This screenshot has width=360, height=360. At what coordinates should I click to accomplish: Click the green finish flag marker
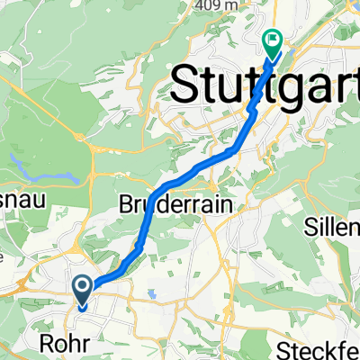tap(272, 41)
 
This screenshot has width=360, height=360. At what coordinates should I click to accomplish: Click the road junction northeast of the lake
tap(83, 138)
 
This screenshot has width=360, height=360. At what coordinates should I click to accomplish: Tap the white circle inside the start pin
tap(82, 287)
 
